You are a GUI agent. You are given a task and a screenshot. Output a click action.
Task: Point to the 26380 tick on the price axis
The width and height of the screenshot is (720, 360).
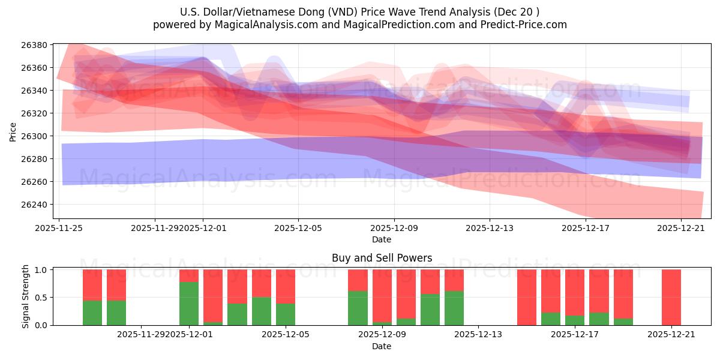(35, 45)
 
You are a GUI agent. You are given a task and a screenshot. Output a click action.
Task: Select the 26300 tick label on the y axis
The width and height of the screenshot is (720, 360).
(35, 136)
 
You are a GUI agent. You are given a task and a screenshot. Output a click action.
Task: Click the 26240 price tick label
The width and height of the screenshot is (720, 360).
(35, 205)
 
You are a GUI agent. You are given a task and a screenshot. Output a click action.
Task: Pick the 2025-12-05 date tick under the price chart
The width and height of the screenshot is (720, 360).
(298, 228)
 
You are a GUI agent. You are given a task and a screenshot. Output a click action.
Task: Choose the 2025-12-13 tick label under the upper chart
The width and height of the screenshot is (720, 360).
(490, 228)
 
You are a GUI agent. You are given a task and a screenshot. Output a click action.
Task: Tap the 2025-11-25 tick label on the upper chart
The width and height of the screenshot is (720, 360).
(59, 228)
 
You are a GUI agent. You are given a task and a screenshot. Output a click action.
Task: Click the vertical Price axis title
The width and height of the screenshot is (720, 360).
(13, 131)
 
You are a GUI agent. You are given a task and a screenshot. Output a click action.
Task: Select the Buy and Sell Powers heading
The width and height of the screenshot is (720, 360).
(382, 258)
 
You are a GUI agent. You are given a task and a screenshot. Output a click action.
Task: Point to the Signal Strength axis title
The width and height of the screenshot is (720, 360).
(25, 297)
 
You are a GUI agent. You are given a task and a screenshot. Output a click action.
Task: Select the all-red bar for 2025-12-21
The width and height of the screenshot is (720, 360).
(671, 297)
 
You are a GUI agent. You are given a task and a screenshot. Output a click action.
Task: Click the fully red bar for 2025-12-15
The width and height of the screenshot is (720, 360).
(527, 297)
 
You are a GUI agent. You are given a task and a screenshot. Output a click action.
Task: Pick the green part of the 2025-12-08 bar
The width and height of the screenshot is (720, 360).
(358, 308)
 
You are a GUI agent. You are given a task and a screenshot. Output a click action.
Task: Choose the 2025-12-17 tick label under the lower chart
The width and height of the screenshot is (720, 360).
(575, 334)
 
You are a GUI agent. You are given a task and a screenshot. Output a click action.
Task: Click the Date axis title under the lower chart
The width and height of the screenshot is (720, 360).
(382, 346)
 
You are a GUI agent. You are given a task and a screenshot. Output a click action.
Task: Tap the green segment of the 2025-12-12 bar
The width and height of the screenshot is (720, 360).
(454, 308)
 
